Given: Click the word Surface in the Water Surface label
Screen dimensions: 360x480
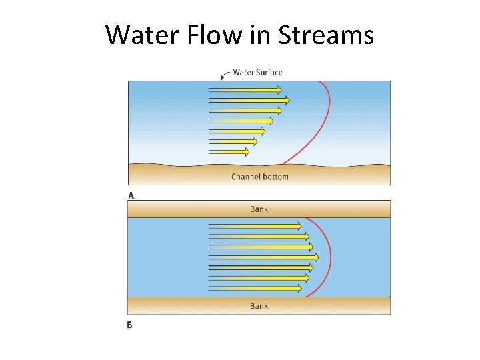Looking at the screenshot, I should (x=268, y=72).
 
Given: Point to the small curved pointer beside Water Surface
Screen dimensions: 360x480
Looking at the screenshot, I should (x=225, y=74).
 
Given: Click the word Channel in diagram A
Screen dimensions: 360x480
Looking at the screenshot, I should (x=246, y=177).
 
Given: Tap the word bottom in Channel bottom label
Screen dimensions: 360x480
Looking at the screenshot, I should (x=275, y=177).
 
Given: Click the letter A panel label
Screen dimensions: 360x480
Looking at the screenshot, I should (x=131, y=195).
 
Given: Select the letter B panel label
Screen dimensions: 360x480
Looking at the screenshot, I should (x=129, y=325).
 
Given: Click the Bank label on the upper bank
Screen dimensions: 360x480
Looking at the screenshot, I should (x=259, y=209).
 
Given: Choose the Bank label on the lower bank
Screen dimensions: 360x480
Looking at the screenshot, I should (x=259, y=306).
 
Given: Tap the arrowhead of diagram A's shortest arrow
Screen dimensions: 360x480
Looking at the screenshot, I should (x=246, y=152).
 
